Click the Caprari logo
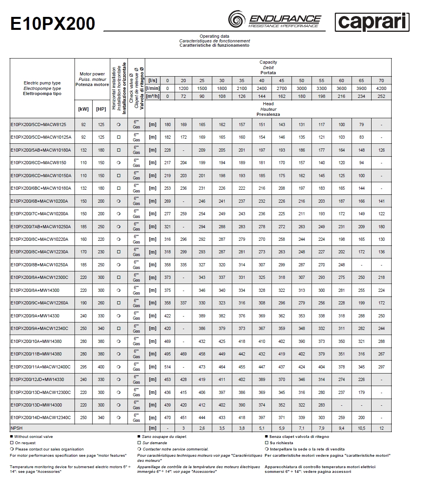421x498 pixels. [372, 22]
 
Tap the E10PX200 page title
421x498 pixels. [52, 24]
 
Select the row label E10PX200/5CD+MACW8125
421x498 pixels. [38, 124]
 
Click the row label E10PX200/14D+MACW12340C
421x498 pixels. [40, 417]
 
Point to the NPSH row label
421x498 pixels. [16, 428]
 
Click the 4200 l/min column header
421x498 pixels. [381, 88]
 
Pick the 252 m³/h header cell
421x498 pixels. [381, 96]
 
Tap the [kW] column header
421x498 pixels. [83, 109]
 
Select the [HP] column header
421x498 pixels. [101, 109]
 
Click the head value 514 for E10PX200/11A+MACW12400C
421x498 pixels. [168, 367]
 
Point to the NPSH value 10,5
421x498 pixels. [361, 428]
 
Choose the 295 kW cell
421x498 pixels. [83, 367]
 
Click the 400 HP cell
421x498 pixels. [101, 367]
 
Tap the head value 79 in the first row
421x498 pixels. [361, 124]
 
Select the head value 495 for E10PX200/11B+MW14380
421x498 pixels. [168, 354]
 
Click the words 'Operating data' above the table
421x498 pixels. [214, 36]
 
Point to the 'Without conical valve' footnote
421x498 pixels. [33, 436]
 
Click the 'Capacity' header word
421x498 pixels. [268, 62]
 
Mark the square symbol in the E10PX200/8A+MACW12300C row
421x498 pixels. [118, 277]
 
